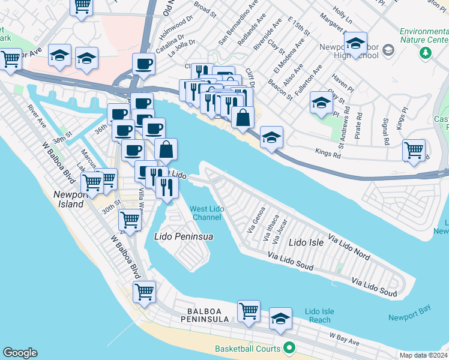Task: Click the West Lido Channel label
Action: [x=205, y=213]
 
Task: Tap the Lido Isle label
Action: [x=306, y=242]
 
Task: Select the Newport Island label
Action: [x=68, y=199]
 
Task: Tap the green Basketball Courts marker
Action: [x=289, y=349]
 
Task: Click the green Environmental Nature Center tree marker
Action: [x=427, y=52]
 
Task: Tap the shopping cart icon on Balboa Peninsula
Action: [x=249, y=311]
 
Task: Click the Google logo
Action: [x=20, y=353]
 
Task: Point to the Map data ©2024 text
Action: [x=423, y=355]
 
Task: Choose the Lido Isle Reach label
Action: [x=319, y=316]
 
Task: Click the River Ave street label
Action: [x=37, y=117]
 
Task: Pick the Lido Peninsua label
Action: [x=184, y=236]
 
